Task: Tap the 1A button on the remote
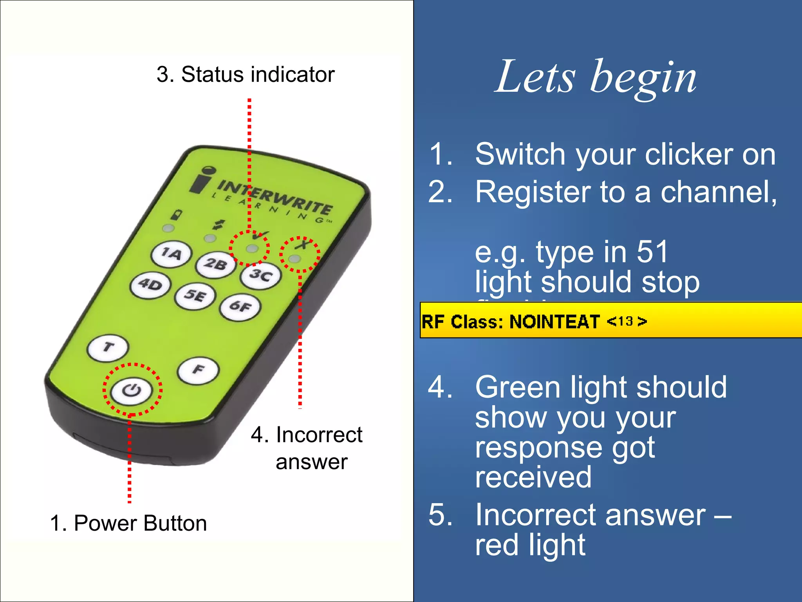tap(172, 254)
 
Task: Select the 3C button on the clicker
tap(261, 276)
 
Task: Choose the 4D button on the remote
tap(151, 285)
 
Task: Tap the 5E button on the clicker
tap(195, 296)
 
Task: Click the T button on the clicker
tap(108, 347)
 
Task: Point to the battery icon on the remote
tap(177, 215)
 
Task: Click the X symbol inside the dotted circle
tap(302, 245)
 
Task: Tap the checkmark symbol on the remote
tap(260, 236)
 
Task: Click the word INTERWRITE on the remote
tap(274, 196)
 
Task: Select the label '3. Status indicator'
tap(246, 74)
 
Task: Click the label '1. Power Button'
tap(128, 523)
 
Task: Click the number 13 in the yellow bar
tap(625, 321)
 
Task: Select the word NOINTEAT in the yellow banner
tap(554, 322)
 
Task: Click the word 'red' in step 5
tap(497, 546)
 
